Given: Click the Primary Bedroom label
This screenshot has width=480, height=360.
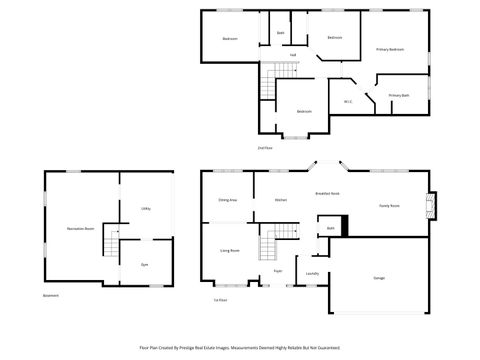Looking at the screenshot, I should click(390, 49).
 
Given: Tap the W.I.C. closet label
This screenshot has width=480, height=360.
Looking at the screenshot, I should click(346, 99).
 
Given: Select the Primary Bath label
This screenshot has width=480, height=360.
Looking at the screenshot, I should click(399, 96).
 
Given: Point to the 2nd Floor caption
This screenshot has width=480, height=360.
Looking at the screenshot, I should click(264, 147).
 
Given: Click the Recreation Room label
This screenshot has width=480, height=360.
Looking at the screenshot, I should click(81, 229).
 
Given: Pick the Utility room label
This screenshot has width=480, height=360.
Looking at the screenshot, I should click(145, 208).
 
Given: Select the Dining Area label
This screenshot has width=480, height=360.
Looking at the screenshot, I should click(228, 200).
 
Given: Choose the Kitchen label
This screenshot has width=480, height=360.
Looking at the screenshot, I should click(282, 200).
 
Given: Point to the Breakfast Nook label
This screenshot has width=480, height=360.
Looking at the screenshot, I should click(327, 193).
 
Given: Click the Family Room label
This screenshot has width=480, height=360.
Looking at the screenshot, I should click(389, 205).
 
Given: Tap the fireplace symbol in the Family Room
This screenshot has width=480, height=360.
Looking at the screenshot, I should click(431, 205).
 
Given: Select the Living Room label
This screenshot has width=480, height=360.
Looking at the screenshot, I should click(229, 251).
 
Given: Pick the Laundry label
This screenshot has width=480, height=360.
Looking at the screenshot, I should click(312, 272).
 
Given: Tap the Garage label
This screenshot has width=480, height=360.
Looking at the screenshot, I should click(379, 277).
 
